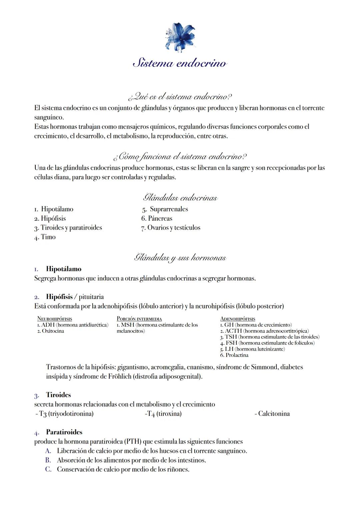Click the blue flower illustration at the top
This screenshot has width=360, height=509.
[x=180, y=37]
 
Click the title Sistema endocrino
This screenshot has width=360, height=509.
[x=180, y=63]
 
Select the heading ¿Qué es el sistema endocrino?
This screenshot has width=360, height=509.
[x=180, y=97]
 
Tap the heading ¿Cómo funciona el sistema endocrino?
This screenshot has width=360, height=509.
[x=180, y=156]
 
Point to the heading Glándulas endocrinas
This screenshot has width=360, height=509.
[x=180, y=198]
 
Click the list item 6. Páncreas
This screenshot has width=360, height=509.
[x=157, y=219]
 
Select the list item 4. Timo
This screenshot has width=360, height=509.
[x=45, y=237]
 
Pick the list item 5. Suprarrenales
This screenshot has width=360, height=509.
[x=165, y=209]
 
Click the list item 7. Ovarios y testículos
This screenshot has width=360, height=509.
[x=171, y=228]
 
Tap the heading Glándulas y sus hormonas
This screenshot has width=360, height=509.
[x=180, y=258]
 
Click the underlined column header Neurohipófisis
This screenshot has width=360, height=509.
[x=54, y=319]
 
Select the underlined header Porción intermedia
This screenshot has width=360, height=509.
[x=139, y=319]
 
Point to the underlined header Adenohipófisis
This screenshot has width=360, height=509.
[x=238, y=319]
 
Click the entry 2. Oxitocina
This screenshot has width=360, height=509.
[x=50, y=331]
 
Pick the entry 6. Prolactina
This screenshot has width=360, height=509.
[x=234, y=355]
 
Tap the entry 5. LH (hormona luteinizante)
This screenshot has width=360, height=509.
[x=252, y=349]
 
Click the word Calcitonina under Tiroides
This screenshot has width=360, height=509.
[x=274, y=414]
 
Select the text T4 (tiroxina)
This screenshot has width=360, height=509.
[x=163, y=414]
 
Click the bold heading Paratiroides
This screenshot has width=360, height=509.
[x=64, y=432]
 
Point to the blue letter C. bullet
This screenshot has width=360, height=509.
[x=48, y=470]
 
